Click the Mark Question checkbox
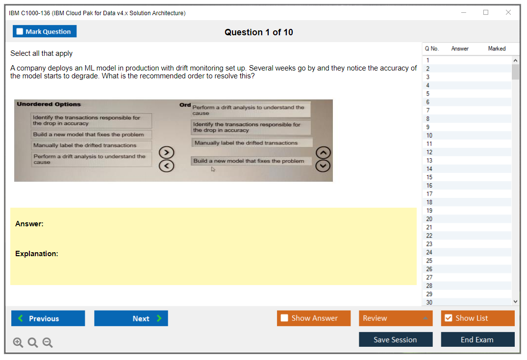coord(20,31)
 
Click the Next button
coord(131,318)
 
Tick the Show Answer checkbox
coord(284,318)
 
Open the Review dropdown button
coord(396,318)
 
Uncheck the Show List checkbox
coord(449,318)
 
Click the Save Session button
coord(396,339)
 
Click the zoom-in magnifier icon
coord(18,342)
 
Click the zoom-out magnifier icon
coord(48,342)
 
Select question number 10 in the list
coord(429,135)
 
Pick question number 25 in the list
coord(429,261)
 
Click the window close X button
coord(508,12)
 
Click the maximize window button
coord(486,12)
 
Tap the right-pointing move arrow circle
coord(166,152)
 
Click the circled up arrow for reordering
coord(323,153)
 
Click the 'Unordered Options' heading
coord(49,104)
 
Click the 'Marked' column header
coord(497,48)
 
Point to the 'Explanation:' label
coord(37,254)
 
